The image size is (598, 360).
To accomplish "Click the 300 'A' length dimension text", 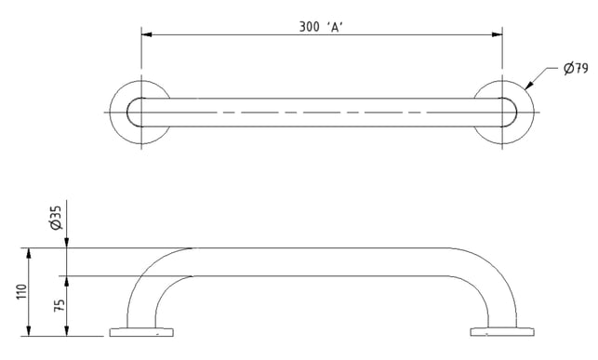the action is pos(321,27).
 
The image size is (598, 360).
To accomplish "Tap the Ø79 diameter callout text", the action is pos(576,69).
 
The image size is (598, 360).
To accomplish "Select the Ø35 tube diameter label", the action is pos(56,218).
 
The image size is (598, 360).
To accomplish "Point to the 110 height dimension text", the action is pos(22,292).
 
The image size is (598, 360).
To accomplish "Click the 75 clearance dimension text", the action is pos(60,305).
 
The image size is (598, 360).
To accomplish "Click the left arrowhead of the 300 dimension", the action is pos(147,34).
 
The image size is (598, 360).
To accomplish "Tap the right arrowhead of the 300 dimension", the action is pos(497,34).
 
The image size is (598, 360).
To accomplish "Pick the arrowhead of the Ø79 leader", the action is pos(528,87).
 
